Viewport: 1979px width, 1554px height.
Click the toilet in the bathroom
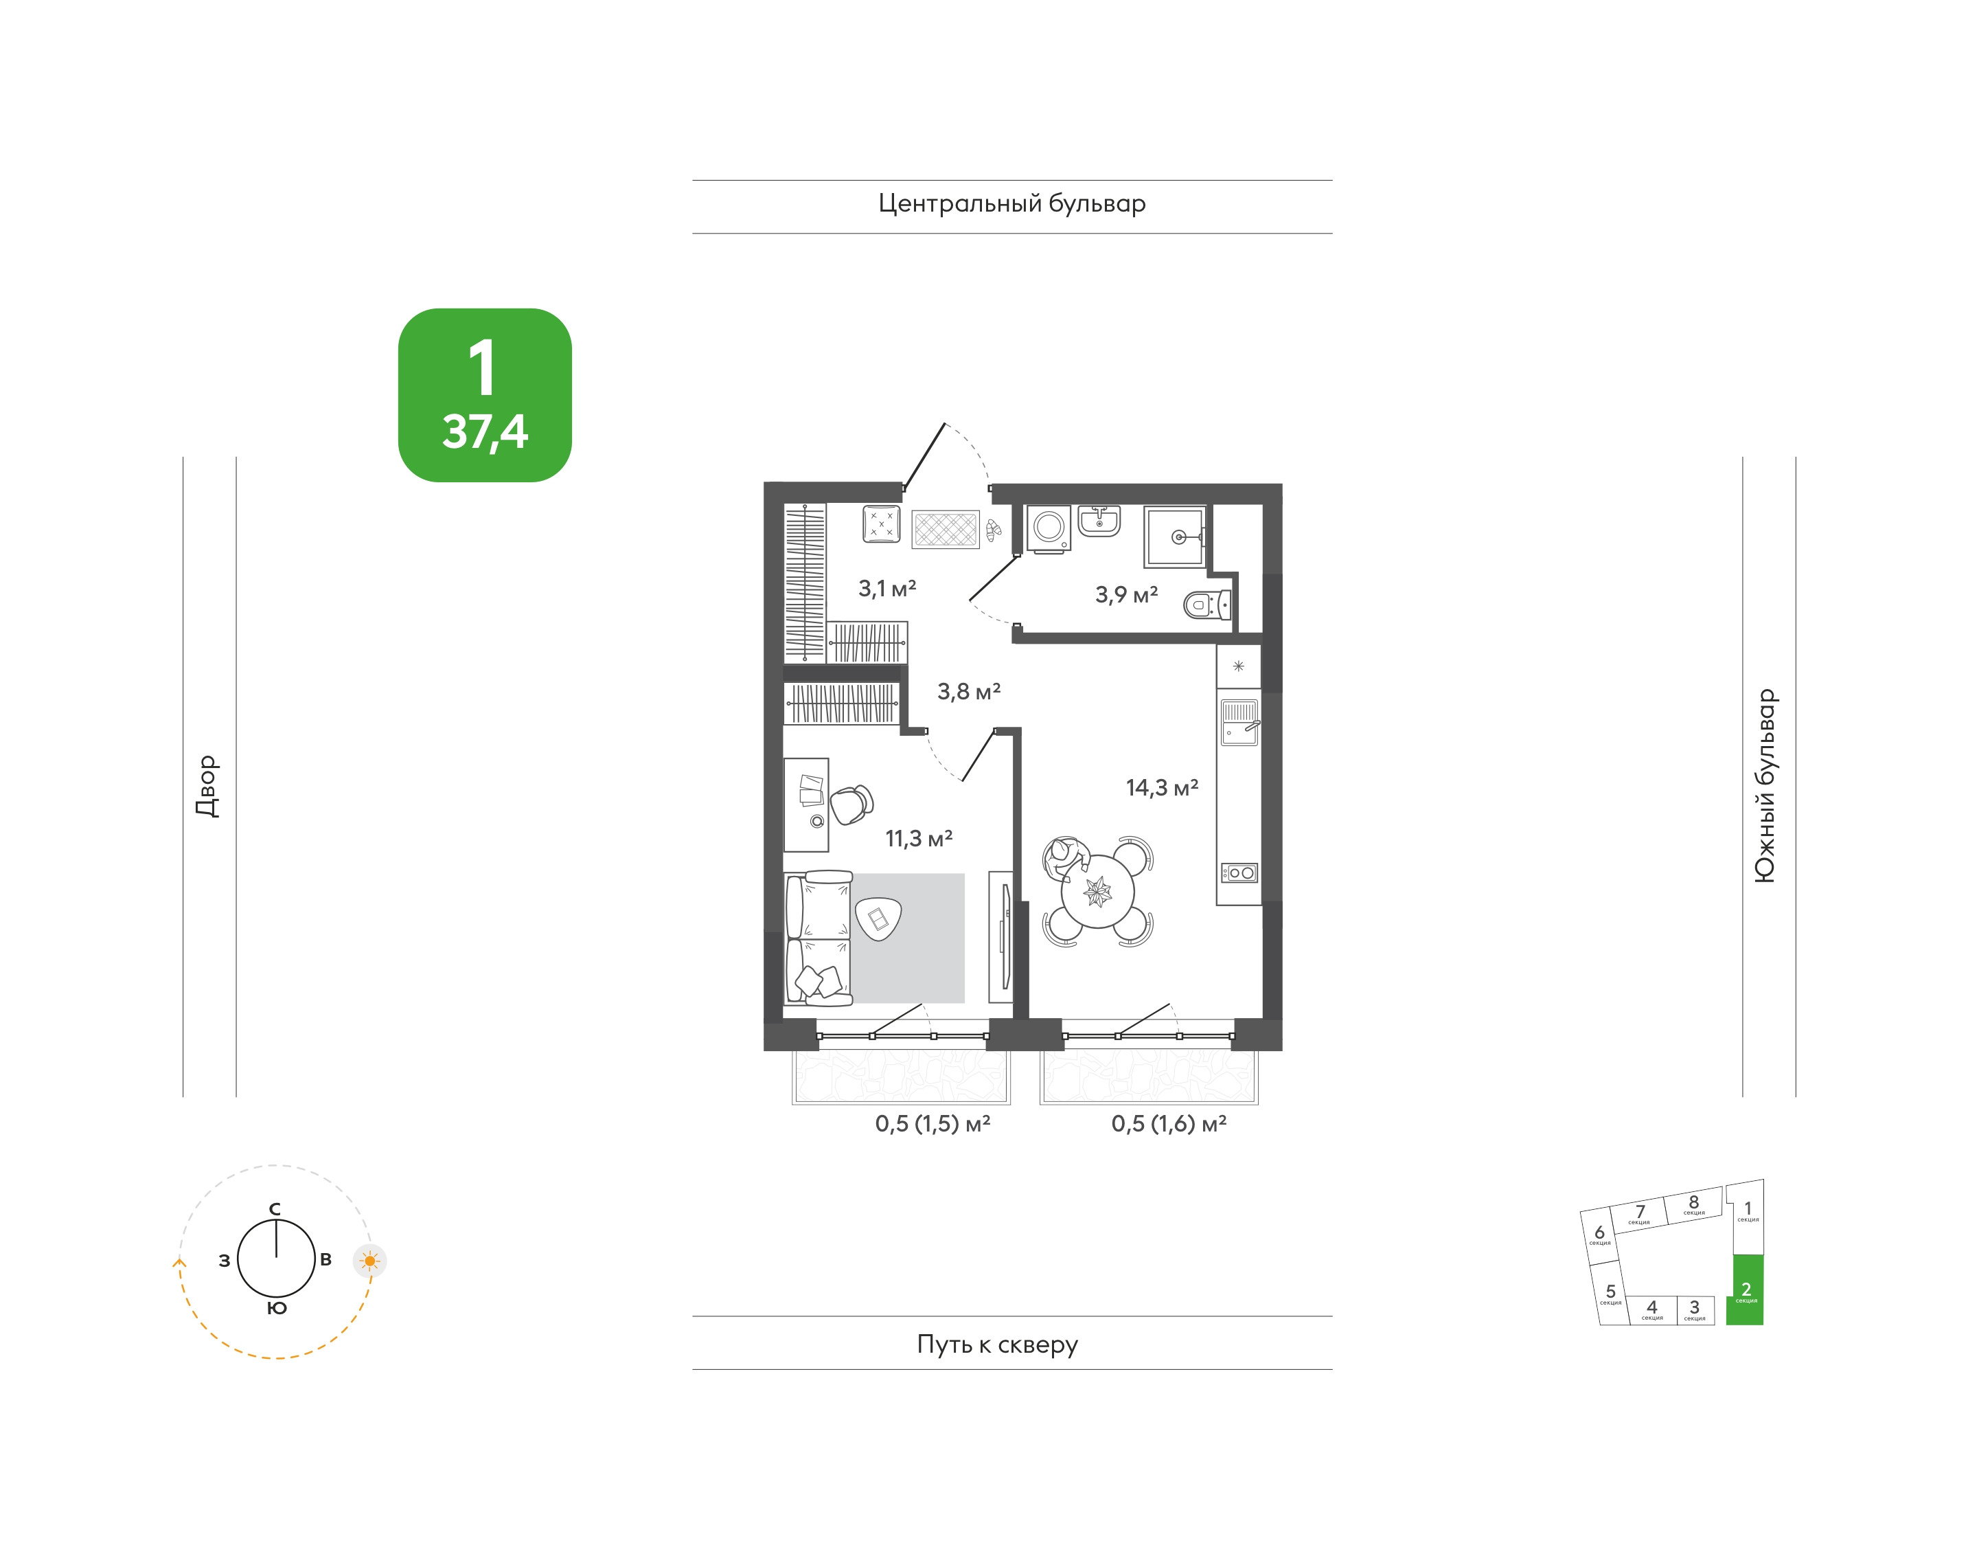click(1208, 604)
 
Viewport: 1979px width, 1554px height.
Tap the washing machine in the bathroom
click(1049, 528)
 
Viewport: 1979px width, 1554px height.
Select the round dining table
click(1098, 891)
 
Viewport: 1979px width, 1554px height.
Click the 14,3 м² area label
click(1163, 787)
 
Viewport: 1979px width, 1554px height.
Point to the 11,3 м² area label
click(919, 838)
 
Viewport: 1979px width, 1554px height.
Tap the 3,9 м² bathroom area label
click(1126, 594)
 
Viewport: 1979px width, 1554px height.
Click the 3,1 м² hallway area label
click(886, 588)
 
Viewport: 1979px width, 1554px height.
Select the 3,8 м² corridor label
click(969, 692)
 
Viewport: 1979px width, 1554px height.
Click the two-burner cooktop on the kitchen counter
click(1239, 872)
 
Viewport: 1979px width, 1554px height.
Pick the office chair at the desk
click(851, 804)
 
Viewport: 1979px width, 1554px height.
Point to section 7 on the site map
click(1639, 1214)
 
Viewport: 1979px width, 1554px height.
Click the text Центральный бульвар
click(1011, 204)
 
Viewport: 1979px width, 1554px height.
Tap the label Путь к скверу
click(997, 1344)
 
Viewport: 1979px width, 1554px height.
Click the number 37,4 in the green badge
click(485, 433)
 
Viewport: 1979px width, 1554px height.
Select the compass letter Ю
click(277, 1308)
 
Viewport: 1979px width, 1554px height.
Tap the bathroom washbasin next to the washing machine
click(1099, 521)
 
